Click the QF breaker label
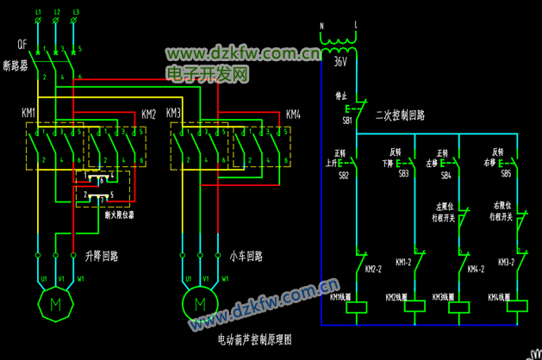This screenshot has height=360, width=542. click(x=22, y=43)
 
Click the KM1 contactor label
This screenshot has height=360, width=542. click(x=28, y=113)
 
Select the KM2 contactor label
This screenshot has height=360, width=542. click(x=148, y=114)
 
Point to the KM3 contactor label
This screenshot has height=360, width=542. click(x=173, y=113)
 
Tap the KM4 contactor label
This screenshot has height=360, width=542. click(x=293, y=114)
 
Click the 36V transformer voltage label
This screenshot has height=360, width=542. click(x=340, y=62)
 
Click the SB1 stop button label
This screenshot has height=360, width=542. click(x=347, y=121)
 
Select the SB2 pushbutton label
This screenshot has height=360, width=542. click(x=344, y=175)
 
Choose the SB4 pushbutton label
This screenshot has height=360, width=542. click(x=445, y=175)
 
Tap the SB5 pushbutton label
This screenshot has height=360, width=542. click(x=506, y=174)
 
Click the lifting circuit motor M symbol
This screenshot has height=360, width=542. click(x=56, y=304)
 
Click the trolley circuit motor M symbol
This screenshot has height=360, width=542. click(x=200, y=304)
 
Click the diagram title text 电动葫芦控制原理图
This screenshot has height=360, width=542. click(x=255, y=340)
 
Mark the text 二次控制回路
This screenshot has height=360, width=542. click(x=400, y=114)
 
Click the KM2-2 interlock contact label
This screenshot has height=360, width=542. click(x=374, y=270)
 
